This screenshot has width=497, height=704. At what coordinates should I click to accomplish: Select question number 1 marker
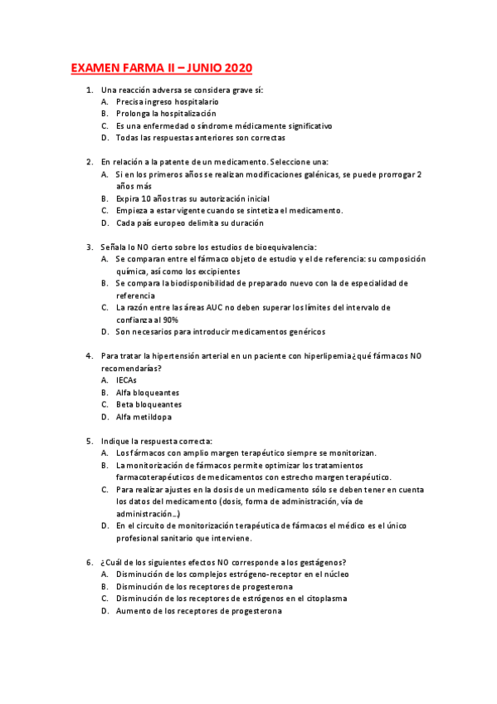point(89,89)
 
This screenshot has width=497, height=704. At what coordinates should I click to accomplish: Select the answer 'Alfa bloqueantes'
point(148,393)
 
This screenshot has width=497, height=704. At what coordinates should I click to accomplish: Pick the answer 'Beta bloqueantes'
point(148,404)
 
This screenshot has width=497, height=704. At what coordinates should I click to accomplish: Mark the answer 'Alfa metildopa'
point(144,417)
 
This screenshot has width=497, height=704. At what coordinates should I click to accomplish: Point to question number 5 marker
point(89,441)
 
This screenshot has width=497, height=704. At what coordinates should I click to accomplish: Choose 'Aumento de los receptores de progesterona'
point(198,611)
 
